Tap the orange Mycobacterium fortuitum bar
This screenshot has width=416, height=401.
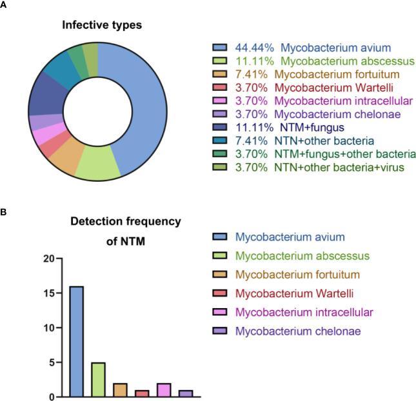121,389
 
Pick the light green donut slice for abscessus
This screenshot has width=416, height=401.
97,166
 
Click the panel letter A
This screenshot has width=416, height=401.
5,5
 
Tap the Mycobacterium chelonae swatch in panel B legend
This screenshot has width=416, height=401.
221,331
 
